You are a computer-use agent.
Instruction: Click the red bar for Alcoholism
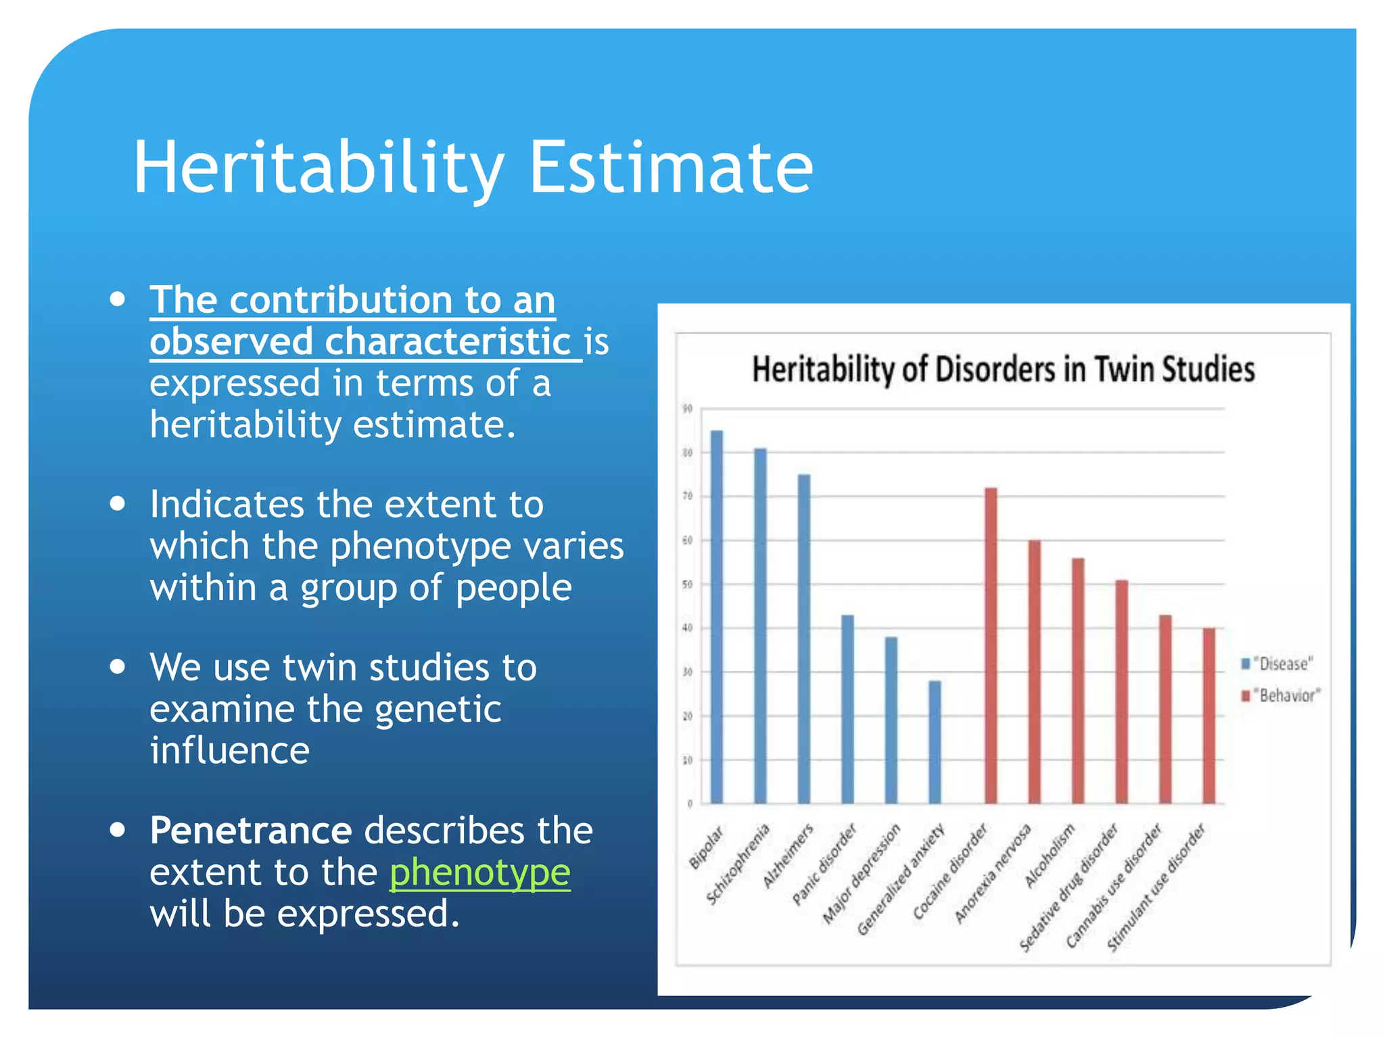click(1078, 681)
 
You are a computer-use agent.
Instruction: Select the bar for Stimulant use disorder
click(1209, 716)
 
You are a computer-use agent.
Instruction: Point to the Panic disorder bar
click(847, 709)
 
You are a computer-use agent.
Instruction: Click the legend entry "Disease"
click(1282, 664)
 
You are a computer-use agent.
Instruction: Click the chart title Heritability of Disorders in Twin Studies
click(1004, 370)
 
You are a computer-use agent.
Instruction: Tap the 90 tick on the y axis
click(687, 409)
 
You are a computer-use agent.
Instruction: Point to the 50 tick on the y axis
click(687, 585)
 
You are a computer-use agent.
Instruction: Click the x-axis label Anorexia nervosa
click(993, 873)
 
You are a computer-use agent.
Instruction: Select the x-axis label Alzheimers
click(789, 856)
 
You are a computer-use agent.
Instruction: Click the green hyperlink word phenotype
click(479, 872)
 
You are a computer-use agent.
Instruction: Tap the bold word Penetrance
click(251, 830)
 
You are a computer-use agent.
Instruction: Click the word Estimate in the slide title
click(670, 167)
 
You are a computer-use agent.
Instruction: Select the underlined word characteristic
click(448, 341)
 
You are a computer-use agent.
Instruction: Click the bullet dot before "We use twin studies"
click(118, 666)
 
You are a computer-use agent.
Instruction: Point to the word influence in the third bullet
click(230, 751)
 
